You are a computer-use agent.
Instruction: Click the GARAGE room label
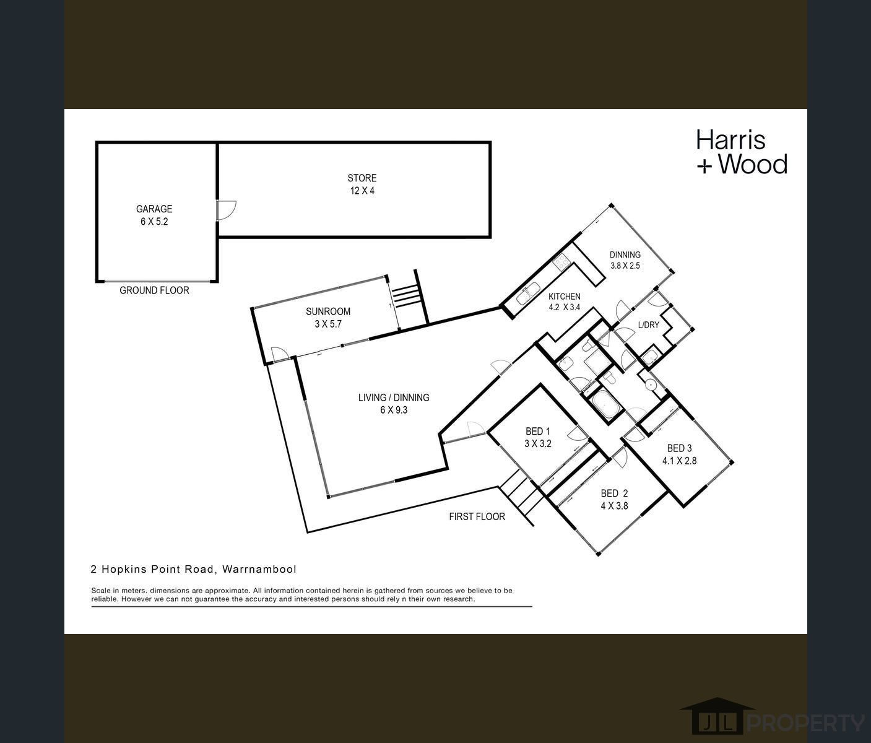[x=154, y=215]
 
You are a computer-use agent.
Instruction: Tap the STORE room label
[x=362, y=184]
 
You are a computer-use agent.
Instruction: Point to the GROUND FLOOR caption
[x=154, y=290]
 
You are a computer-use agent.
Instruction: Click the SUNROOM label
[x=328, y=317]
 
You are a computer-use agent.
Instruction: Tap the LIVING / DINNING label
[x=394, y=403]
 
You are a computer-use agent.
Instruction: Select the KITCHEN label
[x=564, y=302]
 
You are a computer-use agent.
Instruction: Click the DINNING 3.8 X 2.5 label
[x=625, y=259]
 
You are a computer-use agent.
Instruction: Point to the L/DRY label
[x=649, y=325]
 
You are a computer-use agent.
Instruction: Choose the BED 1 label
[x=537, y=437]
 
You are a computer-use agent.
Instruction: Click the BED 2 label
[x=614, y=499]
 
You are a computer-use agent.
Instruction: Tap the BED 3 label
[x=679, y=454]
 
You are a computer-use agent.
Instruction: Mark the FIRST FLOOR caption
[x=477, y=516]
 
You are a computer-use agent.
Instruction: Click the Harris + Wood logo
[x=741, y=152]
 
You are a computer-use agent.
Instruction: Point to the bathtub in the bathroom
[x=605, y=404]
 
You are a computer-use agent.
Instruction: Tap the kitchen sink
[x=529, y=293]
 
